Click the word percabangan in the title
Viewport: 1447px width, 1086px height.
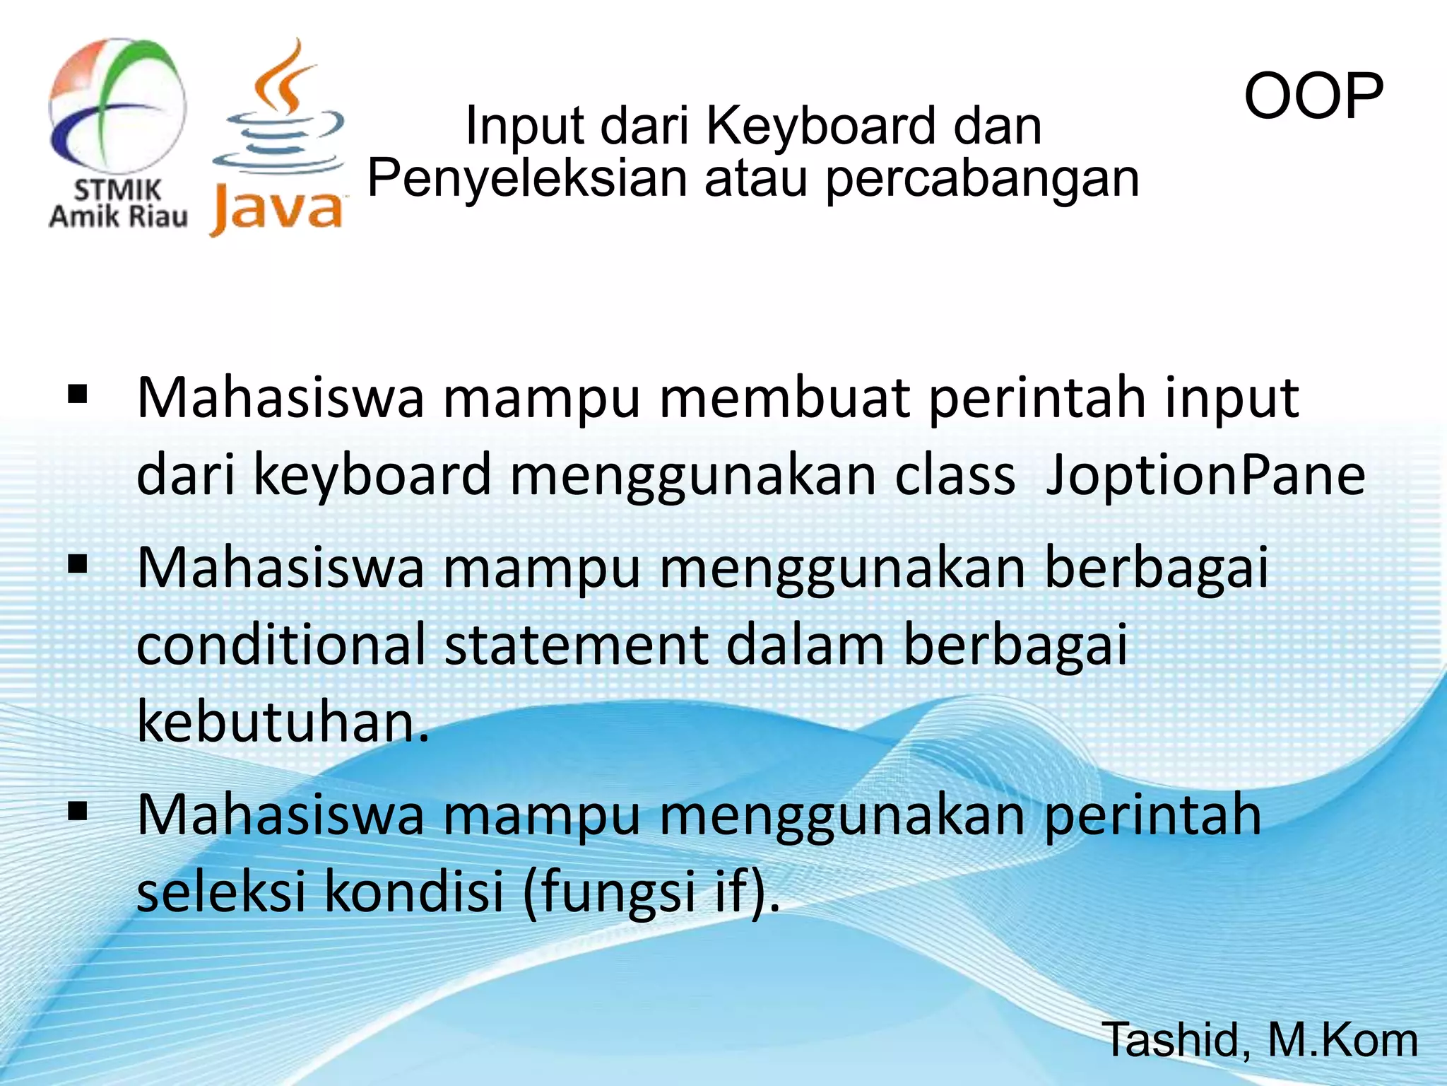click(982, 179)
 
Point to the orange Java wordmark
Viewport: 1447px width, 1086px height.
click(277, 209)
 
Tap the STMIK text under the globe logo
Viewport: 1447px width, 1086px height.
click(117, 190)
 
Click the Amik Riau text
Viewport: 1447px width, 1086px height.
click(118, 216)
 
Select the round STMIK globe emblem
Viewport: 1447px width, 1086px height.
click(117, 106)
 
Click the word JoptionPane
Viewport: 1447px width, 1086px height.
click(1205, 475)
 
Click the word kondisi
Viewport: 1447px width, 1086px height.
click(414, 891)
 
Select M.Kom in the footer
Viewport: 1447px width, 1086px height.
click(1342, 1040)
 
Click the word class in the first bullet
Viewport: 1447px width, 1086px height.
click(955, 475)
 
